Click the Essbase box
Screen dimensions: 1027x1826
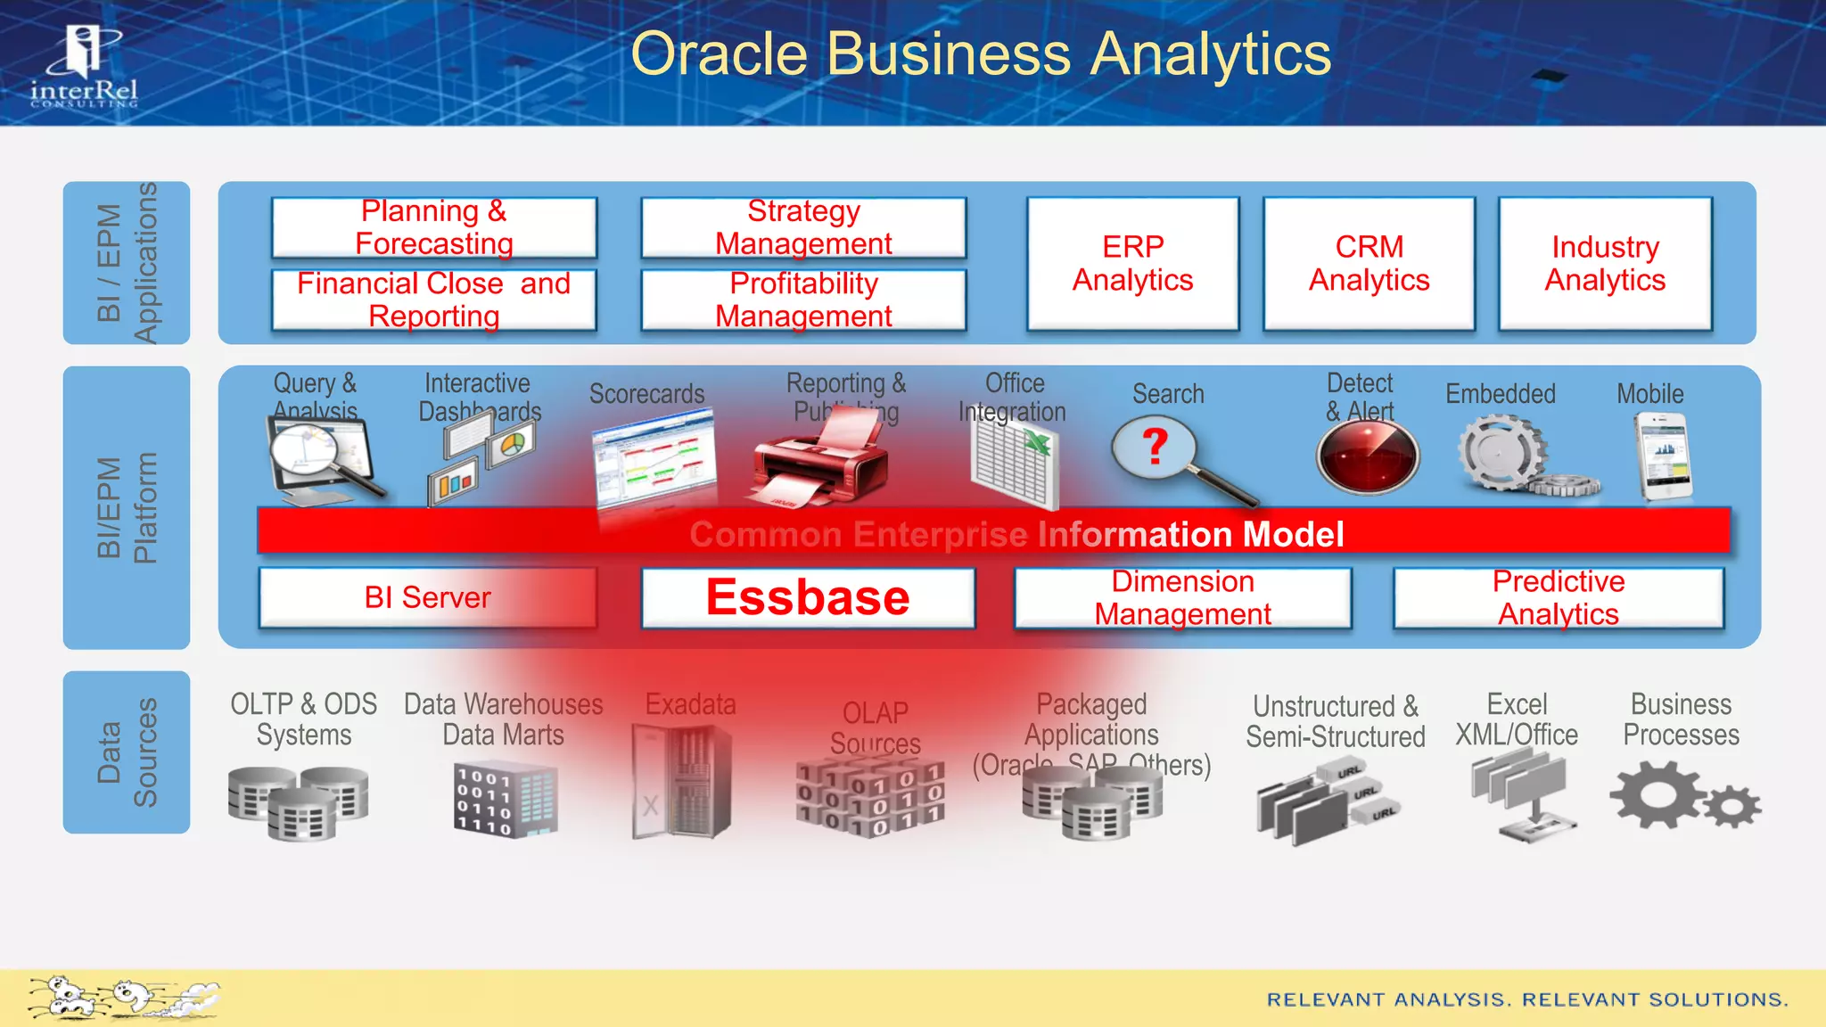pyautogui.click(x=808, y=597)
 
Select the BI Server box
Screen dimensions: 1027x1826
pyautogui.click(x=427, y=597)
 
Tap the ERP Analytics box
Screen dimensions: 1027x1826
pyautogui.click(x=1132, y=264)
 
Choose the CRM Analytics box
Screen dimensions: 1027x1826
pyautogui.click(x=1369, y=264)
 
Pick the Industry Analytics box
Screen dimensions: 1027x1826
pyautogui.click(x=1605, y=264)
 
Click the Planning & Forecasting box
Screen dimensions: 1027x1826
pyautogui.click(x=434, y=227)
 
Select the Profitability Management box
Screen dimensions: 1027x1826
pyautogui.click(x=803, y=300)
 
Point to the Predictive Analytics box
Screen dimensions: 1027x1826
pyautogui.click(x=1558, y=597)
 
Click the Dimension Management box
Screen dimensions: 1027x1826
pyautogui.click(x=1182, y=597)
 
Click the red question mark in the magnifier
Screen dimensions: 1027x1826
pyautogui.click(x=1155, y=446)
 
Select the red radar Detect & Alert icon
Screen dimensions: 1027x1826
pyautogui.click(x=1367, y=456)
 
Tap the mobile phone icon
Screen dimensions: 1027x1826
pyautogui.click(x=1663, y=459)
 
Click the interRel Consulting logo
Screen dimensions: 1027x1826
pyautogui.click(x=85, y=67)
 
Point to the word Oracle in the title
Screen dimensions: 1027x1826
pyautogui.click(x=719, y=55)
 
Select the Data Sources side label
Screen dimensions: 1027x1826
pyautogui.click(x=127, y=752)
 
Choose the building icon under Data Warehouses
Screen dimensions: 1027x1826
pyautogui.click(x=505, y=798)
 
